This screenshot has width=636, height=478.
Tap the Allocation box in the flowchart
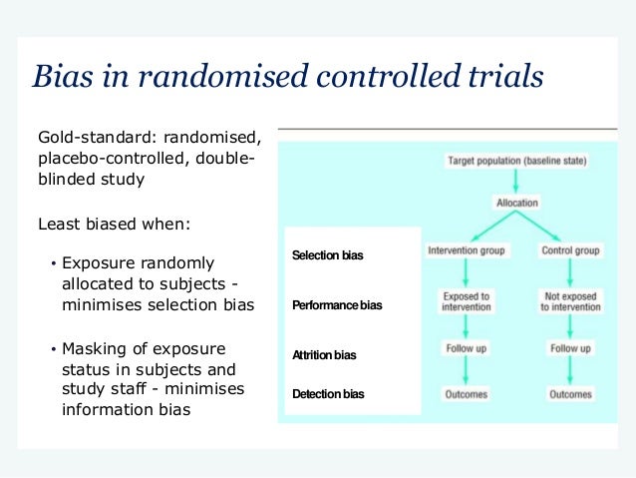click(x=516, y=203)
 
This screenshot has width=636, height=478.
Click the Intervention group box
click(x=467, y=250)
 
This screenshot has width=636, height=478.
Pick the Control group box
click(x=570, y=250)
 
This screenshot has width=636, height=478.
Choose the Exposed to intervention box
click(x=467, y=301)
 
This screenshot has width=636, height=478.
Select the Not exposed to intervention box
click(x=570, y=301)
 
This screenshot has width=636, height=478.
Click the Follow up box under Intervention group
click(x=467, y=348)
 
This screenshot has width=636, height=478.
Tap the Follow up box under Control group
click(x=570, y=348)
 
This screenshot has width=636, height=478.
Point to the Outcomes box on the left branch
click(x=467, y=394)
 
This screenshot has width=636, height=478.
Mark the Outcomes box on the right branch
click(x=570, y=394)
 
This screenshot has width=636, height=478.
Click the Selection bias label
click(x=327, y=255)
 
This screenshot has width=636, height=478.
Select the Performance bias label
click(x=336, y=304)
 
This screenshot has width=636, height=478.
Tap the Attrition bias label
click(x=324, y=354)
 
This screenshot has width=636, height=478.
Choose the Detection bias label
click(x=328, y=394)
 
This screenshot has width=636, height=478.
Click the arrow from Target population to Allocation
click(x=515, y=181)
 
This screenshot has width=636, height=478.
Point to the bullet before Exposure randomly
click(x=52, y=264)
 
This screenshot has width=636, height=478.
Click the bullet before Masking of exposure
click(x=52, y=349)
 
